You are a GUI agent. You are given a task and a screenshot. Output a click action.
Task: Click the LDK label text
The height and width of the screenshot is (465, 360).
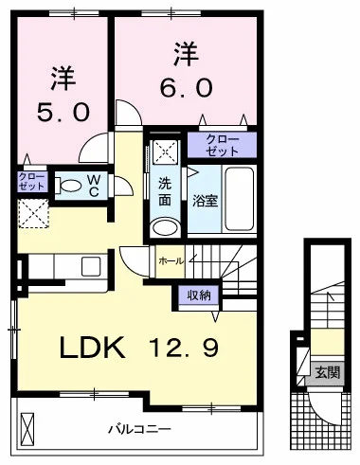92,348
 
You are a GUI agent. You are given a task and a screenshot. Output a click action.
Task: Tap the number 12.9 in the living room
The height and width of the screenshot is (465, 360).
184,348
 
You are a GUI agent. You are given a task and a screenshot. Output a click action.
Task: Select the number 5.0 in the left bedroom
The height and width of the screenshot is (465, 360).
63,112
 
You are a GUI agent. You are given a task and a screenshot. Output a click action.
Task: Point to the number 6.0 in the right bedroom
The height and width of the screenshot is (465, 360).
186,87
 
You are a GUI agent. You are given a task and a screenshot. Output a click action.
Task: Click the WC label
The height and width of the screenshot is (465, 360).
94,186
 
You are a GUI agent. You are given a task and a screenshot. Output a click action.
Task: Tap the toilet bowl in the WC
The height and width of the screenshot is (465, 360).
70,186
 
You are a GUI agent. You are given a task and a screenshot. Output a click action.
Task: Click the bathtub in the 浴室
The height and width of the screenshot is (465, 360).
240,199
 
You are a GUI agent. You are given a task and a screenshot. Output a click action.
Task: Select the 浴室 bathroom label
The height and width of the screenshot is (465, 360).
206,201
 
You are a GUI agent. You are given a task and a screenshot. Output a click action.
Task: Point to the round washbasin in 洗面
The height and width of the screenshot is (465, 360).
165,226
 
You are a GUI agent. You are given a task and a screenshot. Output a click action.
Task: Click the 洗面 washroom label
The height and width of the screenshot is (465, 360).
165,191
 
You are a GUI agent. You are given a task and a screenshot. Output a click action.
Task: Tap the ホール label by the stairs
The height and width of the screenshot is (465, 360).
171,261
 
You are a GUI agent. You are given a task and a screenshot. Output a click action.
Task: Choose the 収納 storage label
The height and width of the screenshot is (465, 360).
199,295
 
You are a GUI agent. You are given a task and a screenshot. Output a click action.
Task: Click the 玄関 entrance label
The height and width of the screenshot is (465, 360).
328,373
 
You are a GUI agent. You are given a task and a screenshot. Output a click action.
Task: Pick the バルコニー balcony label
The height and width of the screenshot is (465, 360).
139,429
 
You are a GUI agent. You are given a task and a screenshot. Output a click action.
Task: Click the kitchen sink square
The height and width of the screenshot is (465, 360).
91,267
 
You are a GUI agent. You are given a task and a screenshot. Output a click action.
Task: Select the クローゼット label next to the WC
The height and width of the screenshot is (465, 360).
31,181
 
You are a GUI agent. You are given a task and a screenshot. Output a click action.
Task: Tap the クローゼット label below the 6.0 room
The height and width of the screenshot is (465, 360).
222,146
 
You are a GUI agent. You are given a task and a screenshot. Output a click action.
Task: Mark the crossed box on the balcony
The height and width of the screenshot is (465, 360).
27,429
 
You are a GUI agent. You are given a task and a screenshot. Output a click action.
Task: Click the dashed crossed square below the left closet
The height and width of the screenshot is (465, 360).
33,213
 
